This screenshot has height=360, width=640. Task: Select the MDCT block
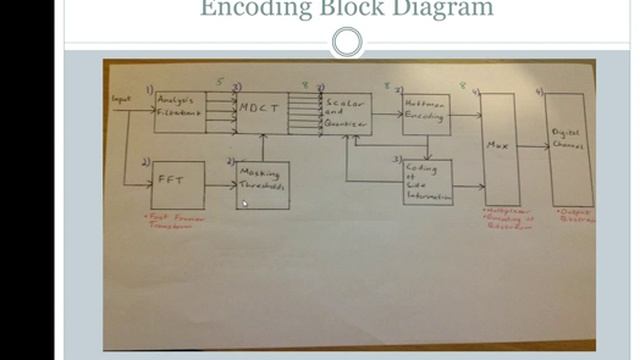[262, 113]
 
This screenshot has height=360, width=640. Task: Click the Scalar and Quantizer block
[345, 114]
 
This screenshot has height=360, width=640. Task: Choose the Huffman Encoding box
[426, 114]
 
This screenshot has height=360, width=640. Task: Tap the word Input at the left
[122, 99]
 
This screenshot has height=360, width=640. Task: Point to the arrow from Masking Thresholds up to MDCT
[262, 148]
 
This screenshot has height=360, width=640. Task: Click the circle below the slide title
[346, 42]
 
